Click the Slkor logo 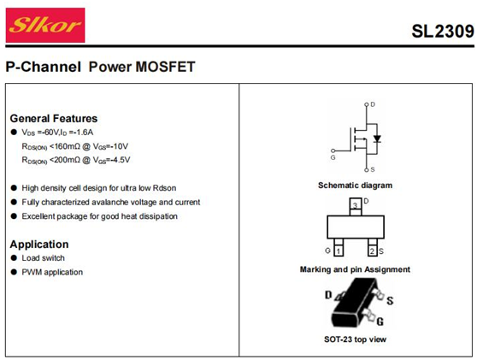tap(45, 26)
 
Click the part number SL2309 tap(443, 32)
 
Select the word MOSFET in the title tap(165, 67)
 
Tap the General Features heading tap(54, 118)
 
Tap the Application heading tap(39, 245)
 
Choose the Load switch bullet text tap(44, 258)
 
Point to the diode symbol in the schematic tap(377, 139)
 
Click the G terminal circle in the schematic tap(333, 150)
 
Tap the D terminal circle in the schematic tap(366, 104)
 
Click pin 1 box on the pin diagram tap(339, 251)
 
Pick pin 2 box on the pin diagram tap(373, 251)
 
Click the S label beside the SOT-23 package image tap(390, 301)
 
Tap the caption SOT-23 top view tap(355, 339)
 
